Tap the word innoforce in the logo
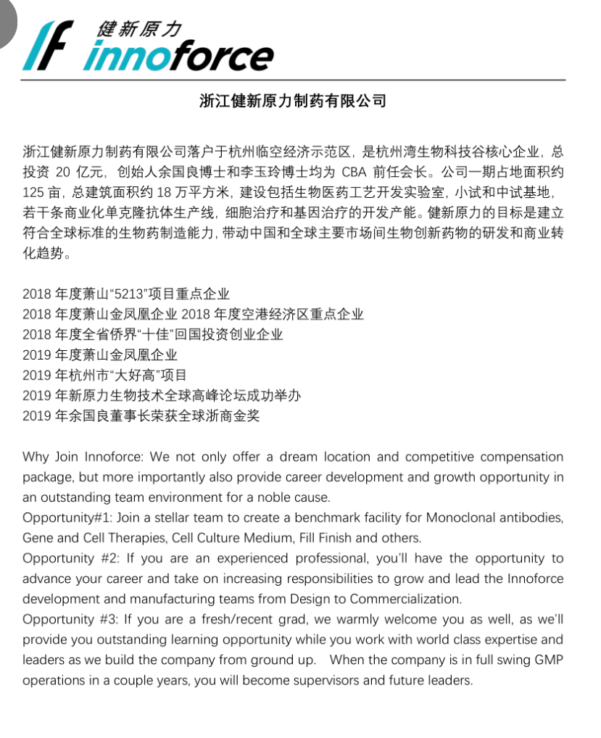click(x=178, y=56)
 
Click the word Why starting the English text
click(x=36, y=457)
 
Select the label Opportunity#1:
click(x=67, y=518)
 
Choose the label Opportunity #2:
click(x=71, y=558)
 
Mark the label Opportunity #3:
click(x=71, y=620)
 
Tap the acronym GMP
click(x=548, y=660)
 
